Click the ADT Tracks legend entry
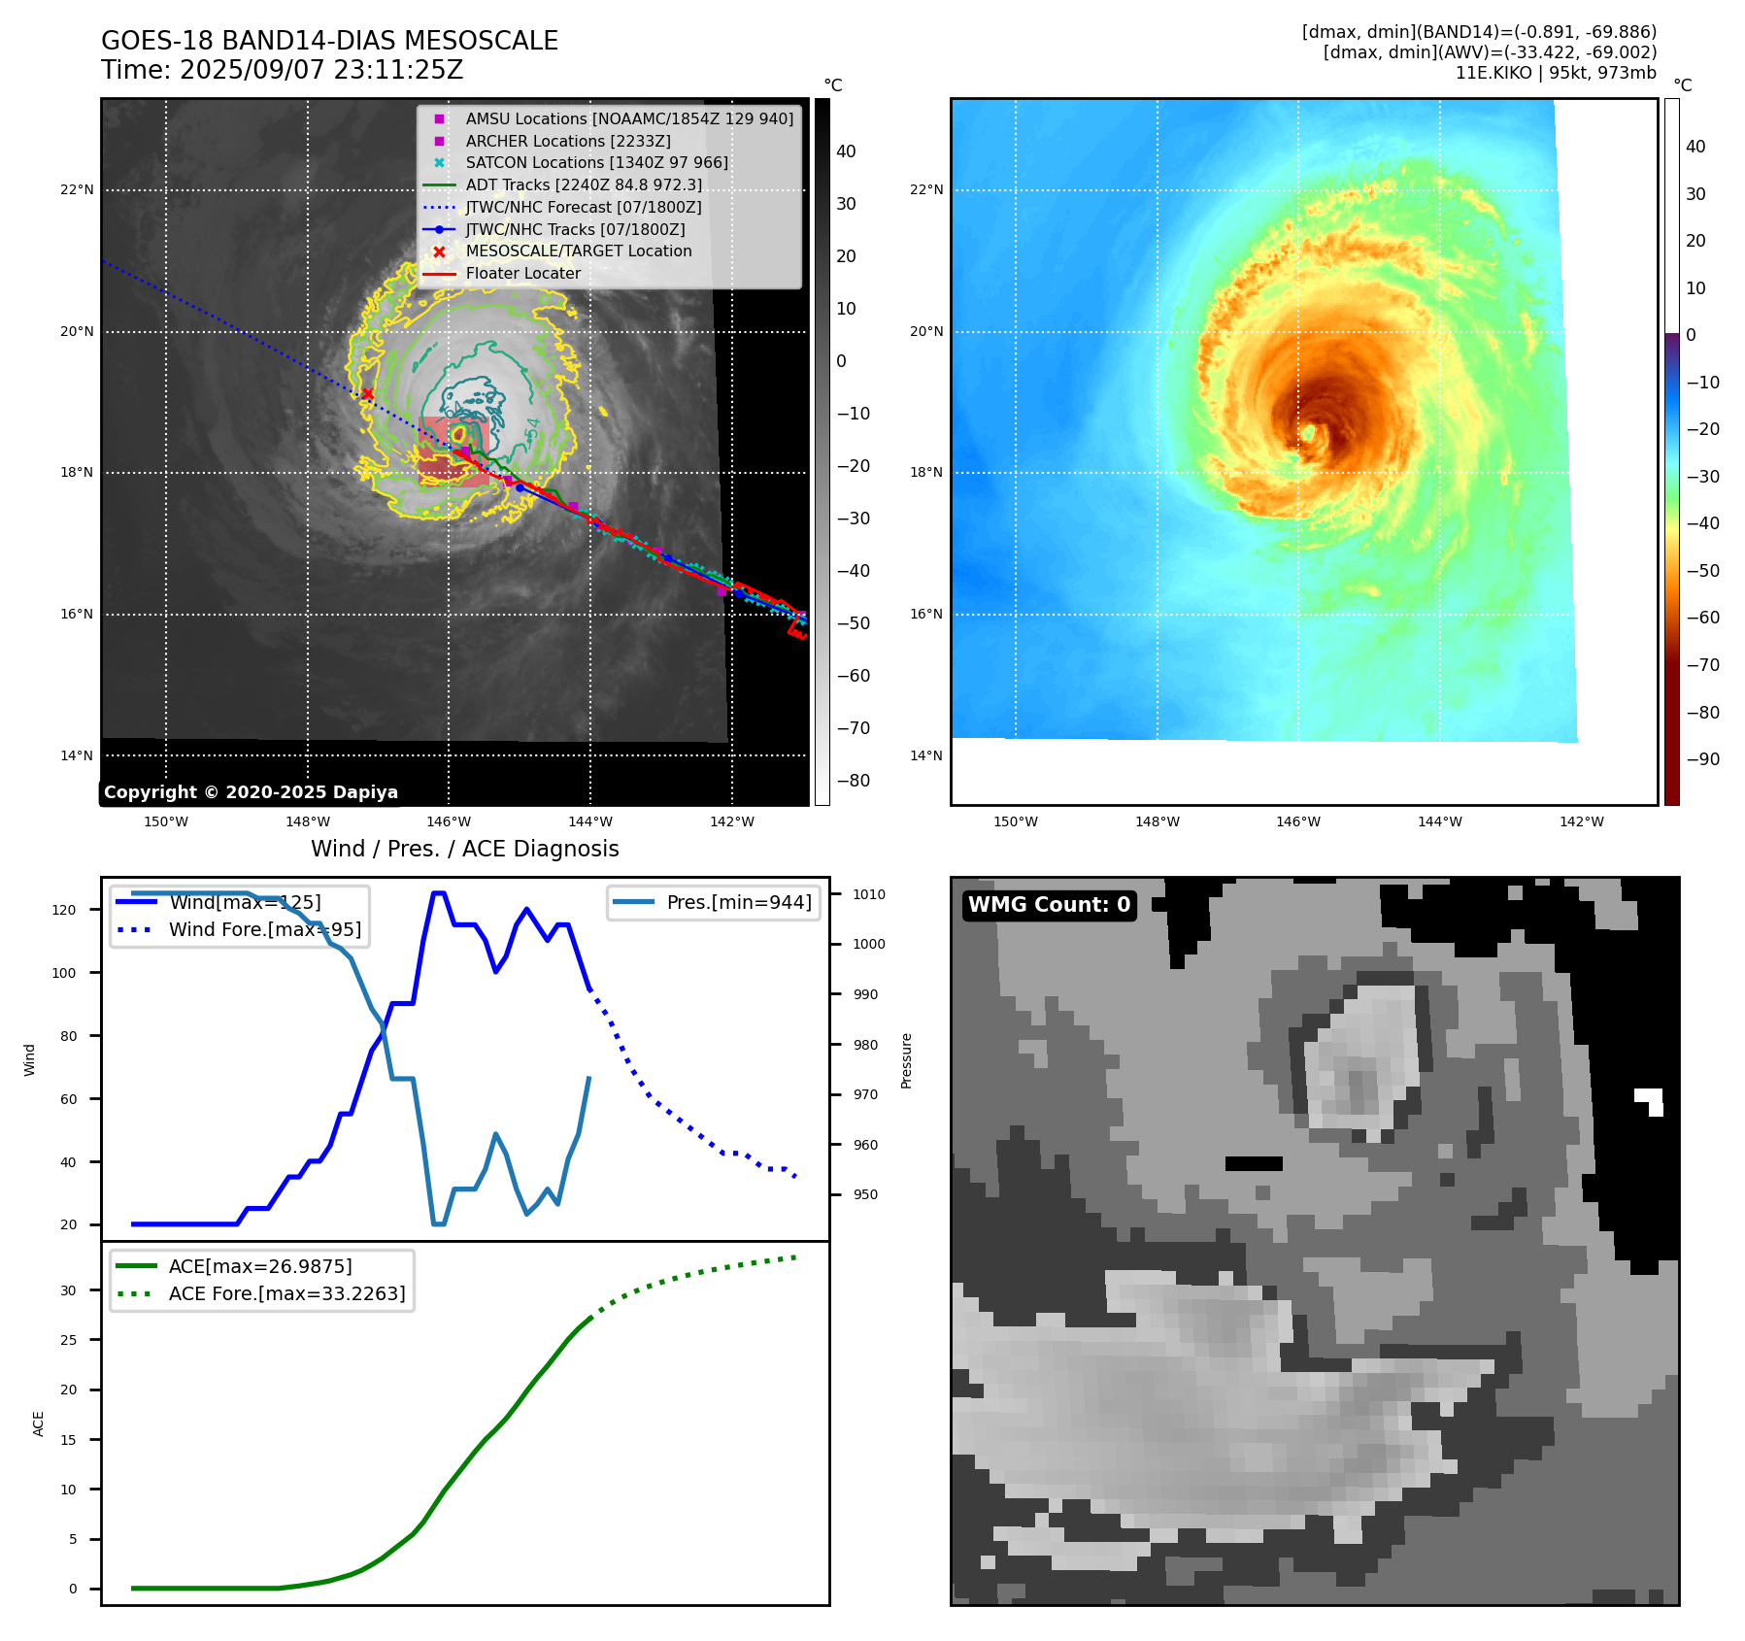click(583, 184)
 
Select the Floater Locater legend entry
click(522, 273)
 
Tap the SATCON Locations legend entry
click(596, 162)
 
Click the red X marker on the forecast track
click(367, 393)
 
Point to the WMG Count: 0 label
click(1049, 904)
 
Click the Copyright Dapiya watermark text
click(251, 791)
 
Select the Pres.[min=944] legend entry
click(738, 902)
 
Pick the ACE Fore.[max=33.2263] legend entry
click(286, 1293)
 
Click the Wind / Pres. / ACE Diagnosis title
click(464, 849)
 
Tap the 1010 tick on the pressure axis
click(869, 894)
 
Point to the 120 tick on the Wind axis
click(64, 910)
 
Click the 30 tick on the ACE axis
click(68, 1290)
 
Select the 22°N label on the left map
click(77, 189)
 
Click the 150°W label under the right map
click(1015, 821)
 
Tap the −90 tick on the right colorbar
click(1702, 758)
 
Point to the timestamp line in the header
click(282, 70)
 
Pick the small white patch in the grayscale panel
click(1650, 1100)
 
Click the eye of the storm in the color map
click(1310, 432)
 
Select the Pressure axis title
click(906, 1060)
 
